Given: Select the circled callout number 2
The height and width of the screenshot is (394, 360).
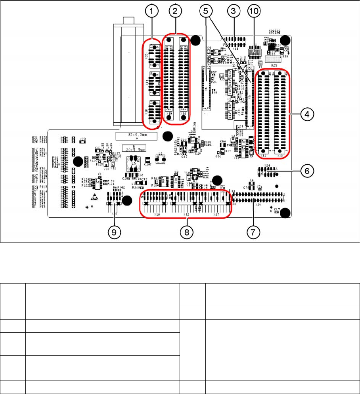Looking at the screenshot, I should pos(175,12).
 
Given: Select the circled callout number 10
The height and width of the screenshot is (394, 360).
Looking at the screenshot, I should pos(254,12).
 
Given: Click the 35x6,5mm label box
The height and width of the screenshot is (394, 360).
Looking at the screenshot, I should pos(136,136).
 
